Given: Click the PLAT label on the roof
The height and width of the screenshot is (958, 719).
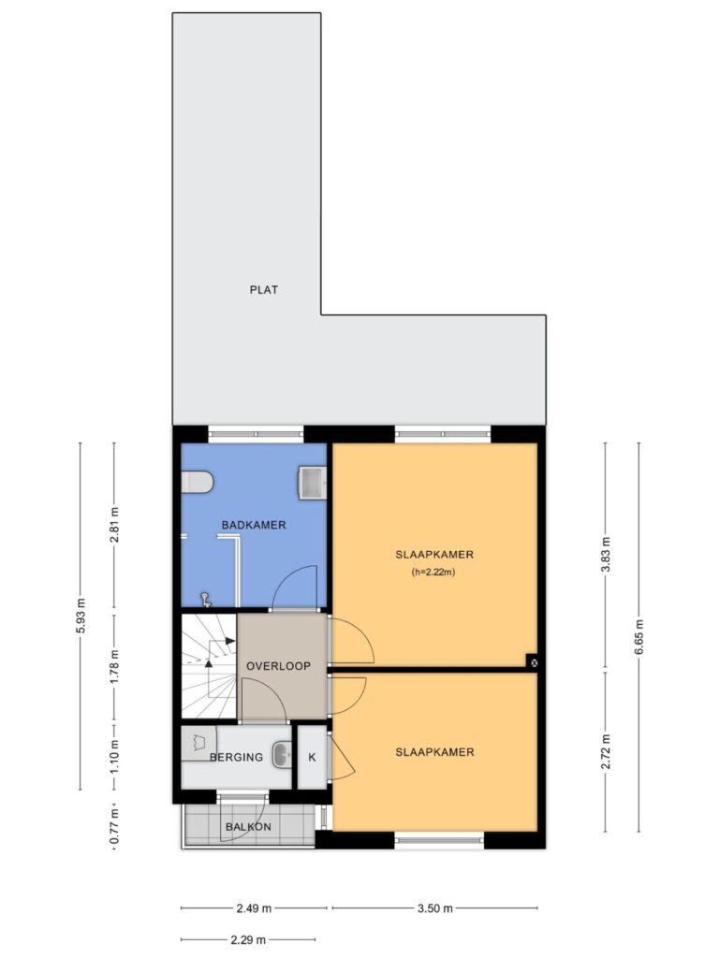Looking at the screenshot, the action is pos(263,290).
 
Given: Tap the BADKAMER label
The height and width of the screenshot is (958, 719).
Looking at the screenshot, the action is pos(254,525).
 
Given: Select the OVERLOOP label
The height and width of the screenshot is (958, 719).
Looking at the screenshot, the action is pos(278,666).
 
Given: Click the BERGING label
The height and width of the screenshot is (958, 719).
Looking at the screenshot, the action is pos(236,757).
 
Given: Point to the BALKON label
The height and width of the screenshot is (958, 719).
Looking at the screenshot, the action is pos(248,827).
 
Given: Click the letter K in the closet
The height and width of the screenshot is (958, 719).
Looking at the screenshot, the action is pos(312,758).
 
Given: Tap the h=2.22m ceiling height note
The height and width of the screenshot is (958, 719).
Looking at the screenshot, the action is pos(433,573).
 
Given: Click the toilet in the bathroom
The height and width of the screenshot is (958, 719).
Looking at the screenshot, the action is pos(197,482).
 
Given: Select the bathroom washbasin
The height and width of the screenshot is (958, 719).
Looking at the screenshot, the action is pos(313,482).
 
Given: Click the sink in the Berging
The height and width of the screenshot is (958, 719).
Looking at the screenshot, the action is pos(282,753).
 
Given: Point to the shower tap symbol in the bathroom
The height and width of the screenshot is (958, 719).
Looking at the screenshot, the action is pos(206,600).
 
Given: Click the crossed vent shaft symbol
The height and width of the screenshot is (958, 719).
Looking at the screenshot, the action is pos(533,661).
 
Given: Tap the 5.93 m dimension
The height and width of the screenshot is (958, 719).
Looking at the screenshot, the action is pos(81,616).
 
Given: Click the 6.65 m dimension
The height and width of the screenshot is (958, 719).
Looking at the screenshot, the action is pos(639,636).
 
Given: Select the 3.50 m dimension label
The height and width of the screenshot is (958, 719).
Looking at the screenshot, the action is pos(435,907).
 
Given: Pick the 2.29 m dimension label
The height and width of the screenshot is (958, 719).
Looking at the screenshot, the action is pos(248,939).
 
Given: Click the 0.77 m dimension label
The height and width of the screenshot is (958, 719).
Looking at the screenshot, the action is pos(114,827).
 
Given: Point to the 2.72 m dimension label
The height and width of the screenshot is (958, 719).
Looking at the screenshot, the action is pos(606,752).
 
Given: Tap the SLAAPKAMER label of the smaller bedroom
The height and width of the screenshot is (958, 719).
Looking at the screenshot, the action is pos(434,752).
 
